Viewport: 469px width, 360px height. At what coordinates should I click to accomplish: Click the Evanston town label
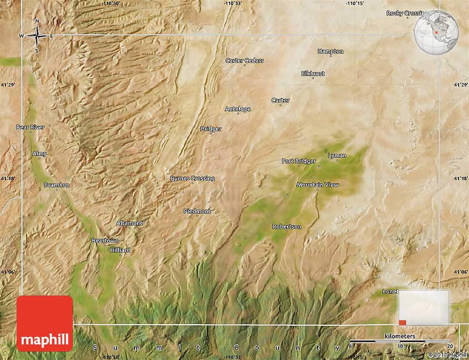57,185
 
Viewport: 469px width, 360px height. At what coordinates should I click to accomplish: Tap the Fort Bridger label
299,161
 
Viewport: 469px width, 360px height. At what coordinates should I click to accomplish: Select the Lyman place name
337,155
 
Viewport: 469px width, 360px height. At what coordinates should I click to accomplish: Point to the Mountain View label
317,185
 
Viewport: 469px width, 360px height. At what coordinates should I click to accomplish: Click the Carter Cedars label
244,61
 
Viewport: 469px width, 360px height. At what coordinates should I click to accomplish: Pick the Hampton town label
331,51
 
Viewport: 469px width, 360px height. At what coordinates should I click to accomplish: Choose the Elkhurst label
313,73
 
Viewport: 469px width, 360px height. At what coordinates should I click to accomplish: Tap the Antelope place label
238,109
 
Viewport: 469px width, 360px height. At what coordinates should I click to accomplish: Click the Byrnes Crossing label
192,179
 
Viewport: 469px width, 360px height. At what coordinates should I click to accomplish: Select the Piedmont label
197,211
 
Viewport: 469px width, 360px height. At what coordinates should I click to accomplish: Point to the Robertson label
287,227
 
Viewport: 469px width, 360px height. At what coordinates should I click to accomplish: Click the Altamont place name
129,223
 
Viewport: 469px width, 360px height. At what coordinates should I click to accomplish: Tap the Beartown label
105,241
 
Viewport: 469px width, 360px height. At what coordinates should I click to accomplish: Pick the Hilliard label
120,250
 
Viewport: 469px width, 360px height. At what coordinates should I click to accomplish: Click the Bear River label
30,127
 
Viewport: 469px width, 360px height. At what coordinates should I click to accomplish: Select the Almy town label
40,153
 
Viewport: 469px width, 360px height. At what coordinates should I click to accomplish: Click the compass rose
37,36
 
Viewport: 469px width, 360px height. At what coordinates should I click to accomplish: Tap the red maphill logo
45,324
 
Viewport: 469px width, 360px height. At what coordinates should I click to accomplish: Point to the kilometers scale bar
401,341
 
